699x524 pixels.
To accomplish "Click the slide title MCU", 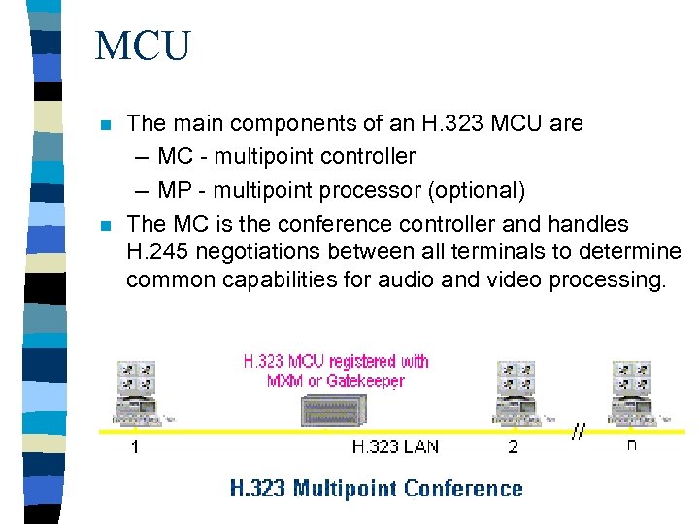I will click(x=143, y=46).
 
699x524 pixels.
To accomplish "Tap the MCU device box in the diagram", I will click(x=335, y=409).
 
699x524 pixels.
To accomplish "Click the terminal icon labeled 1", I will click(x=136, y=393).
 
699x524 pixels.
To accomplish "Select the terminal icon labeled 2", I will click(x=516, y=393).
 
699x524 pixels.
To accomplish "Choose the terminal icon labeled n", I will click(x=633, y=393).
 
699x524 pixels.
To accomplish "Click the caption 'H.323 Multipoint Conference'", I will click(x=376, y=488).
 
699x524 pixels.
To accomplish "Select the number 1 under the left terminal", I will click(x=135, y=447).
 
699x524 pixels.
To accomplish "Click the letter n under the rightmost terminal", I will click(x=632, y=446).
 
